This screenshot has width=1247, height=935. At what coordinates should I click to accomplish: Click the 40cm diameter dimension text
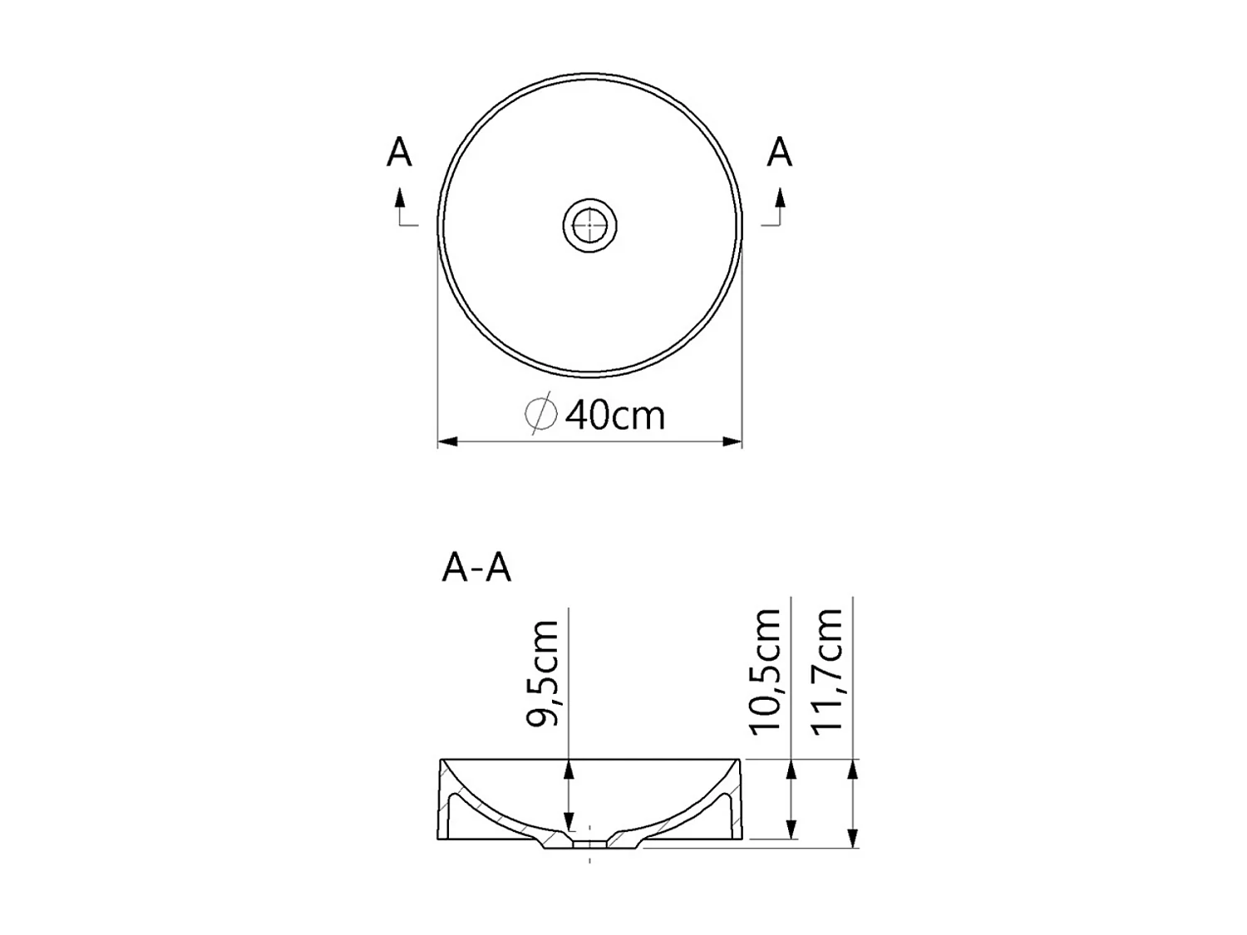[x=615, y=415]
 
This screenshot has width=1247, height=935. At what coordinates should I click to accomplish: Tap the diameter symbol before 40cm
[x=540, y=413]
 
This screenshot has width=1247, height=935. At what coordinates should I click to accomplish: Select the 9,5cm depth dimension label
[x=544, y=673]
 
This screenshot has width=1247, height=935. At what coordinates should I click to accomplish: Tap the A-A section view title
[x=476, y=568]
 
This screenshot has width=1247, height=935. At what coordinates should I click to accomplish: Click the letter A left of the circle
[x=399, y=153]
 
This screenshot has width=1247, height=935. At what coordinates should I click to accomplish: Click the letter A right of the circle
[x=779, y=152]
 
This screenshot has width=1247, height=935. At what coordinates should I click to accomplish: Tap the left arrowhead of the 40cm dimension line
[x=447, y=441]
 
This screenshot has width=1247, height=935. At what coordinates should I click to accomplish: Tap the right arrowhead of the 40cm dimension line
[x=732, y=441]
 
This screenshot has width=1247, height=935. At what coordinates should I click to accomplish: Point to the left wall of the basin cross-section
[x=444, y=802]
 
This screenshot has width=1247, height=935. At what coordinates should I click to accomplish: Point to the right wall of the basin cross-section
[x=735, y=802]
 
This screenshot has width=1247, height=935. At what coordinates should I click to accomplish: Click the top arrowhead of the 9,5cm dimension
[x=569, y=769]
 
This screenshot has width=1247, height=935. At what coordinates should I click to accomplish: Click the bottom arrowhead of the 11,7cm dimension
[x=853, y=839]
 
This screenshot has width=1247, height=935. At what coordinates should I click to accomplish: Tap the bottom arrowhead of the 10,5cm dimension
[x=791, y=829]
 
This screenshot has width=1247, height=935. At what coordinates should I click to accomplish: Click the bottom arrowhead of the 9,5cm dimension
[x=569, y=822]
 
